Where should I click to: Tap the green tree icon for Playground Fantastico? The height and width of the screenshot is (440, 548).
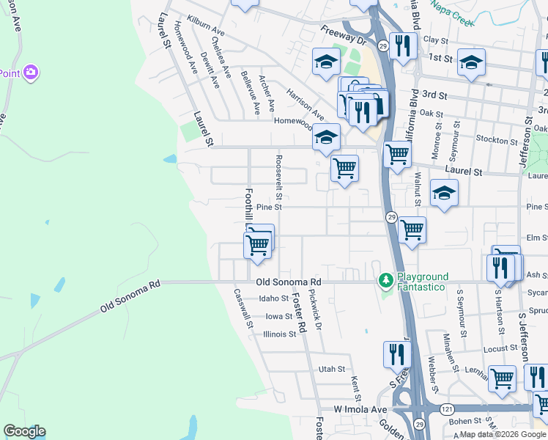[385, 281]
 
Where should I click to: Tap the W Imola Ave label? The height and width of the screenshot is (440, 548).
[360, 408]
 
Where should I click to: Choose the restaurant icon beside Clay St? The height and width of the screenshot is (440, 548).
[402, 46]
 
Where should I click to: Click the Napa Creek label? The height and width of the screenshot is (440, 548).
[453, 13]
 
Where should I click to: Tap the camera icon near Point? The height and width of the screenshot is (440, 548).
[31, 72]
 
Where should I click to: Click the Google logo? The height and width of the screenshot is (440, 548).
[24, 431]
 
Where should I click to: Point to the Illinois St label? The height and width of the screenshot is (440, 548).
[279, 334]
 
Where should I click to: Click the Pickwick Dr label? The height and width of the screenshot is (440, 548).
[315, 309]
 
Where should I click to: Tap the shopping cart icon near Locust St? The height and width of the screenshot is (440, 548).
[502, 378]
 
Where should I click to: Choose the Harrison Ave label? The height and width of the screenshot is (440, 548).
[305, 105]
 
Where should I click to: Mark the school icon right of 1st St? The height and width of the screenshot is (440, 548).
[471, 62]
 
